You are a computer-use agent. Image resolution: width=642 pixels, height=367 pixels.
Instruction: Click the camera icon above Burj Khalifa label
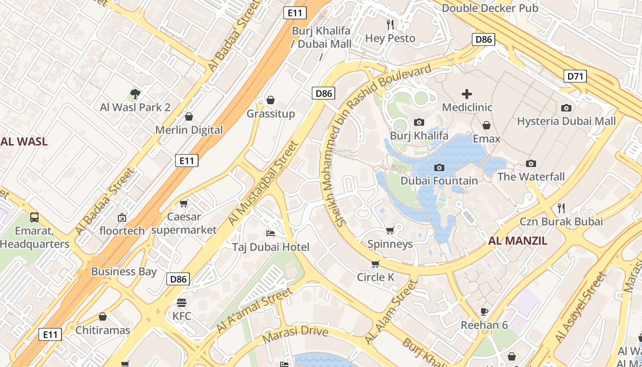(419, 122)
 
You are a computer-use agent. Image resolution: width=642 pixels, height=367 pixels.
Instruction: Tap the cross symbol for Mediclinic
(467, 94)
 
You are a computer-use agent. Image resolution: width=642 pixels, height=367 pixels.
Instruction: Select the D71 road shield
(575, 76)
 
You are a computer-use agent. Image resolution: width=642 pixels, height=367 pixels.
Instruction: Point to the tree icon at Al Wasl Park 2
(135, 94)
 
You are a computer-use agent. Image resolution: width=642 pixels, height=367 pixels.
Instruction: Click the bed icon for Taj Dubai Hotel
(271, 234)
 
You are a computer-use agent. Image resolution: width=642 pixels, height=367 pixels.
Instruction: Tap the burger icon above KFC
(182, 303)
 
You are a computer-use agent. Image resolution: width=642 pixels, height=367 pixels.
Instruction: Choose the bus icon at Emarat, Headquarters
(34, 217)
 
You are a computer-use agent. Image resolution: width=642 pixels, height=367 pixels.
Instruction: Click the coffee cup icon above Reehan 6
(484, 312)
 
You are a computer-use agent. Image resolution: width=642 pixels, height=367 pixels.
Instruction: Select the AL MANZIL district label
(518, 241)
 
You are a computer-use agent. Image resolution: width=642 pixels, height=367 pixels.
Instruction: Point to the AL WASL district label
(24, 141)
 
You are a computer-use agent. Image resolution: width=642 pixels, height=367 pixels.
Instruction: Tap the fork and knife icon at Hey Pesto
(390, 24)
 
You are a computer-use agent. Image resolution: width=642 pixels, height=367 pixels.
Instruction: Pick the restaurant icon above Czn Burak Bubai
(561, 208)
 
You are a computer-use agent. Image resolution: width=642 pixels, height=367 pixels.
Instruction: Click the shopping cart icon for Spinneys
(390, 230)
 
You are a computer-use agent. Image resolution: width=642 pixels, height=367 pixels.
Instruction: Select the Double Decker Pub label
(490, 8)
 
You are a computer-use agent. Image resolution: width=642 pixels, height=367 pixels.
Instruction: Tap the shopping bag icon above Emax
(487, 125)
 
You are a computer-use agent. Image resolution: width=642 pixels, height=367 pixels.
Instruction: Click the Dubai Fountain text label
(439, 181)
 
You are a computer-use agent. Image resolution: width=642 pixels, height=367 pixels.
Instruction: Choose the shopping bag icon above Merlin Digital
(188, 117)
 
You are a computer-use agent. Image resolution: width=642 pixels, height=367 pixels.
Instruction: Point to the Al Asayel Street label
(580, 307)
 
